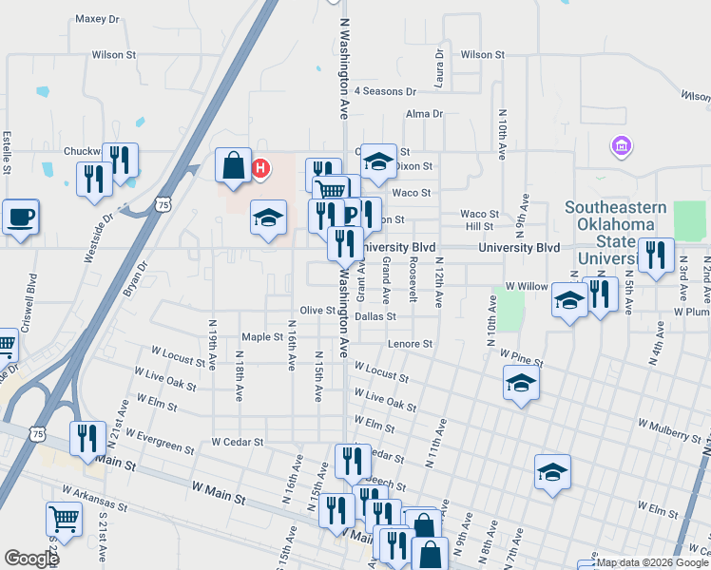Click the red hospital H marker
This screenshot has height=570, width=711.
tap(259, 169)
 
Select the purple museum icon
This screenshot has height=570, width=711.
tap(623, 146)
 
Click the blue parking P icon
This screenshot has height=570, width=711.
tap(350, 215)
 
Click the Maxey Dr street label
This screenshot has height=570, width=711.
tap(98, 18)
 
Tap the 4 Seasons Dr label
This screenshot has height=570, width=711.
tap(385, 91)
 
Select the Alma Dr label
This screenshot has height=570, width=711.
tap(424, 114)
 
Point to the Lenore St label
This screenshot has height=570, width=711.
tap(410, 344)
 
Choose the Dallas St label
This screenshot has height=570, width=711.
tap(375, 315)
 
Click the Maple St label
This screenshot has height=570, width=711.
tap(262, 336)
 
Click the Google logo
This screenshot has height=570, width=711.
tap(31, 559)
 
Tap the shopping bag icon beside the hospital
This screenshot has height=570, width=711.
tap(233, 165)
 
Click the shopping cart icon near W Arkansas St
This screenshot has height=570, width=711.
tap(64, 519)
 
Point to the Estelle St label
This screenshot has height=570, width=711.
tap(7, 152)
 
